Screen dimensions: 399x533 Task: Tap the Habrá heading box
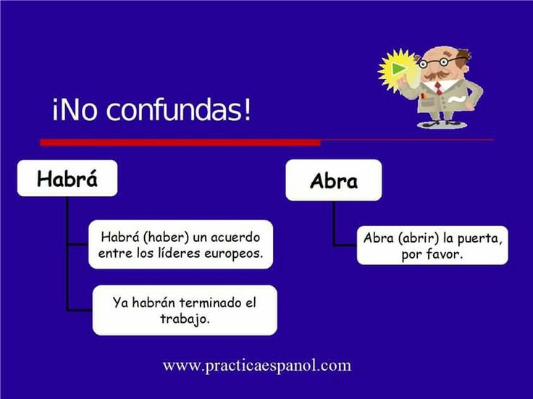point(67,178)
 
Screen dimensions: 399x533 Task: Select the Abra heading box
point(333,180)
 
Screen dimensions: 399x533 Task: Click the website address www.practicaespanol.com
point(257,365)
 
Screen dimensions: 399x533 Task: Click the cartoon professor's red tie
point(437,88)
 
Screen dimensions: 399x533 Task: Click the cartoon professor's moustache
point(432,75)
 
